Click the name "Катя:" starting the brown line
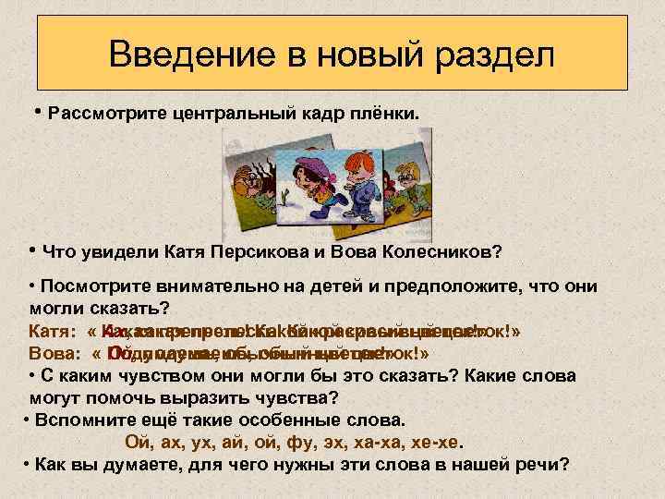53,331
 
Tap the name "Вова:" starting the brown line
54,353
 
